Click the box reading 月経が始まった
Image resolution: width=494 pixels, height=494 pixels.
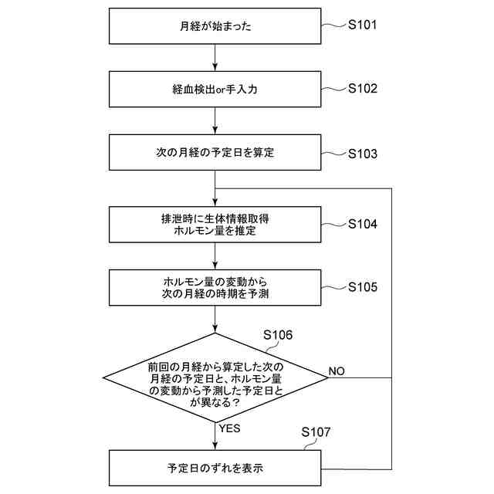click(x=214, y=27)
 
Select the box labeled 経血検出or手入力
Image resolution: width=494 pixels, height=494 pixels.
click(x=214, y=90)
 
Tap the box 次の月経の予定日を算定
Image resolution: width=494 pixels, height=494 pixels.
click(x=214, y=152)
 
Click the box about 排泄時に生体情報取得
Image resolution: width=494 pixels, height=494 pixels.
click(x=214, y=225)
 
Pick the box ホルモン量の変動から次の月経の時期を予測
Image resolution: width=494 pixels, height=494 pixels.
click(x=214, y=288)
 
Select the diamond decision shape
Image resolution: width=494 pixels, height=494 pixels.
click(x=214, y=377)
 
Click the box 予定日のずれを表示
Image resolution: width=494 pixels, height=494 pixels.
click(x=214, y=468)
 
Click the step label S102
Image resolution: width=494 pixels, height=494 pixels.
click(x=362, y=88)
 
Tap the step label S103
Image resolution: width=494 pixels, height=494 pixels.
click(x=362, y=153)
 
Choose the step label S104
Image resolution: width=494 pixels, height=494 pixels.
click(x=362, y=225)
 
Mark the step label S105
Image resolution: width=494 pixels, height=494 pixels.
click(x=362, y=288)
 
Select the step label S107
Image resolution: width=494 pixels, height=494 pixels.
click(x=316, y=431)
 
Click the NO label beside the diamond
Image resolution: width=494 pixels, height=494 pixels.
click(x=337, y=371)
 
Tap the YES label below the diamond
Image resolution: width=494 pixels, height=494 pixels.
click(x=230, y=428)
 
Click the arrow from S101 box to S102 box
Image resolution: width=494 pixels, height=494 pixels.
click(x=214, y=58)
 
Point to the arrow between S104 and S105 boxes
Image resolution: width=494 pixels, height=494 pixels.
click(x=214, y=256)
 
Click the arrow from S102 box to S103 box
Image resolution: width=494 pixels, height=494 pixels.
click(x=214, y=120)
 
